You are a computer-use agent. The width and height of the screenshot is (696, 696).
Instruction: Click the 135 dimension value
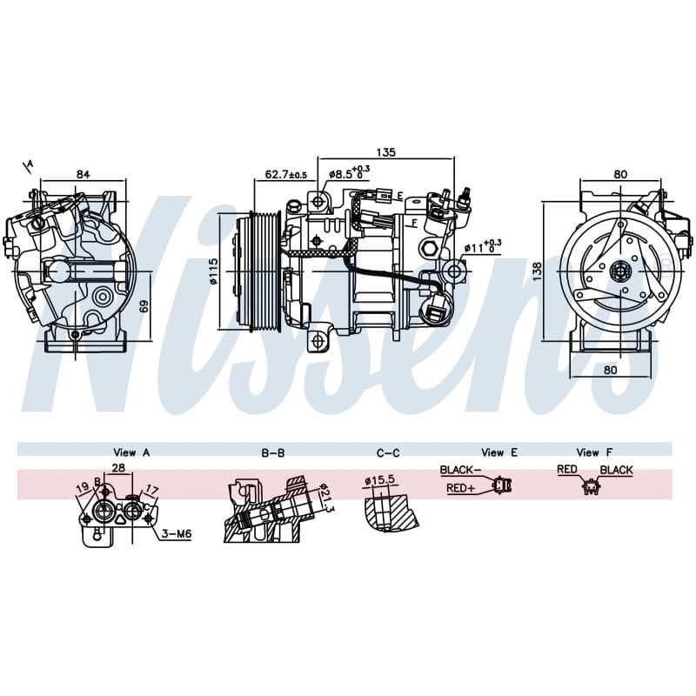point(385,152)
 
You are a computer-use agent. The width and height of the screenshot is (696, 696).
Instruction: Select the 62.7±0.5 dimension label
point(286,175)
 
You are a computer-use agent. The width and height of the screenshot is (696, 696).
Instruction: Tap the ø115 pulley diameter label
point(214,271)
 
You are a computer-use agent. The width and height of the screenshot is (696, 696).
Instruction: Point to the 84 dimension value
point(83,174)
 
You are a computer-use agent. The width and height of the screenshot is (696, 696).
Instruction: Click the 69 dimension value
point(144,306)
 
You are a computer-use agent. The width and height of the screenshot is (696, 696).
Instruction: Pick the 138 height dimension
point(537,271)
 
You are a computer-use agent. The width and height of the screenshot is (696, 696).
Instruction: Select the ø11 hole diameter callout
point(483,247)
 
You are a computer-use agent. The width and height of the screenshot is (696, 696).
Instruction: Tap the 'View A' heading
point(131,452)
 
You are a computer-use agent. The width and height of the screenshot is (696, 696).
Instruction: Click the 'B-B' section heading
point(273,452)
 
